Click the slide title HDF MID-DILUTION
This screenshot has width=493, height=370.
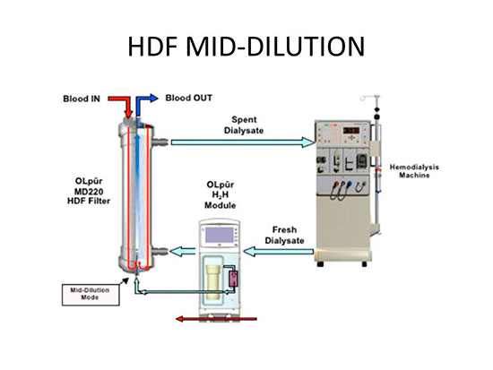tap(246, 47)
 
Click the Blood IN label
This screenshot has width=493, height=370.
tap(82, 99)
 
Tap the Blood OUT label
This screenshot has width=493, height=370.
tap(188, 98)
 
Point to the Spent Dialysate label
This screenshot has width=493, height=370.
tap(244, 125)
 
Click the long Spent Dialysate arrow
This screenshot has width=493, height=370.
tap(243, 142)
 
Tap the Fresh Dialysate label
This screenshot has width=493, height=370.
tap(284, 235)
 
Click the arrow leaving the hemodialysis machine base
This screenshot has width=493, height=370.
tap(279, 252)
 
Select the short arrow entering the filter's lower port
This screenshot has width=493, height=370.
tap(182, 251)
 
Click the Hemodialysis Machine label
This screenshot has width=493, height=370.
tap(414, 171)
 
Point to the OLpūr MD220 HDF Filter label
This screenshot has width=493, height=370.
tap(89, 191)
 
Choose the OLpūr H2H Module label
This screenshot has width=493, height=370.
tap(221, 195)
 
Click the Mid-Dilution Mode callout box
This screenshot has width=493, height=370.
tap(91, 295)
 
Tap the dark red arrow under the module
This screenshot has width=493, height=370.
tap(216, 319)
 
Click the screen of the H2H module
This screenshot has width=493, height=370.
tap(220, 235)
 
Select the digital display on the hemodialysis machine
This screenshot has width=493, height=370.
tap(350, 130)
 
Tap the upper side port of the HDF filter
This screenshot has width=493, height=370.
tap(160, 142)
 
